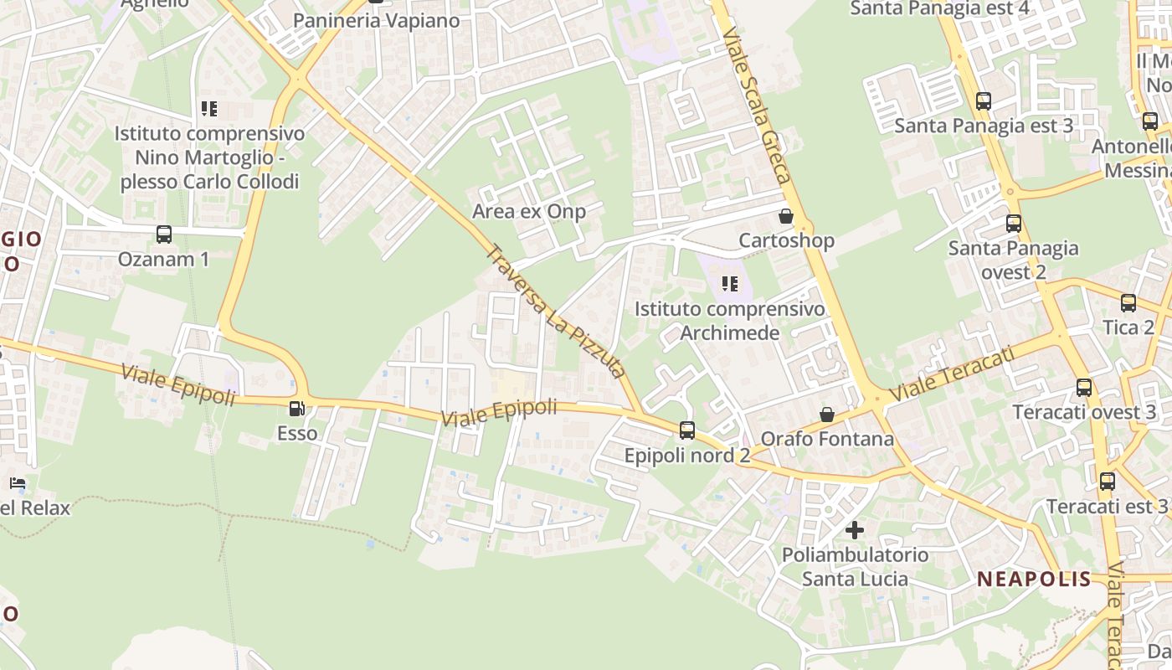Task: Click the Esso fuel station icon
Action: (x=296, y=409)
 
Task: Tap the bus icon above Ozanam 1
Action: (x=164, y=234)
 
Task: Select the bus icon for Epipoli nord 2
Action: (x=687, y=430)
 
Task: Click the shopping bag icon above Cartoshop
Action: (x=786, y=216)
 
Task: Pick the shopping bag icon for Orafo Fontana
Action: (x=827, y=415)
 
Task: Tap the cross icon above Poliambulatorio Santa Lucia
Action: (x=855, y=530)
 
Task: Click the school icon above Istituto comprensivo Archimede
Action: (x=730, y=284)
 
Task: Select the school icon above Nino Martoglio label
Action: (x=208, y=109)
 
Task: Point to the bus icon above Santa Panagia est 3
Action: (x=984, y=101)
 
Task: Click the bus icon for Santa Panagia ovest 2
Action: (x=1014, y=224)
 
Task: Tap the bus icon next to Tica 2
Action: (x=1128, y=303)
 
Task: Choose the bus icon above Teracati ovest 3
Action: (x=1084, y=388)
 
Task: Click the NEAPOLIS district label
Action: (x=1034, y=579)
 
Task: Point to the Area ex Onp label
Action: (x=529, y=211)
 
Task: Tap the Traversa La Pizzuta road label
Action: (x=557, y=311)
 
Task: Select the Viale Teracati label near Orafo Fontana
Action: (x=952, y=374)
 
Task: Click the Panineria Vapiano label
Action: (x=377, y=21)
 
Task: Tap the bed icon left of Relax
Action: (x=18, y=483)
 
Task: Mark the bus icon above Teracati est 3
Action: (x=1108, y=482)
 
